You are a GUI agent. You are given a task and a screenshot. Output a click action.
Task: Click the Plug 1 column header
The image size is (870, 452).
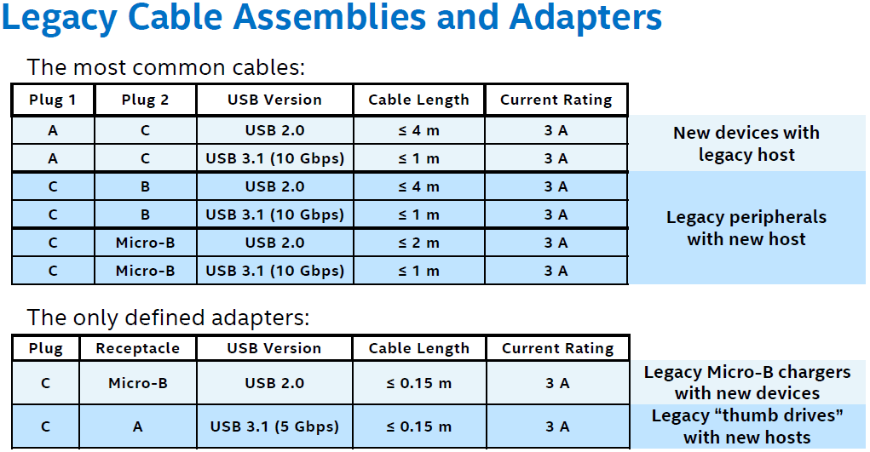pos(53,100)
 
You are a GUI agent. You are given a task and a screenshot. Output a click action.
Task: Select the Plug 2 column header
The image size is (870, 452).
pos(146,100)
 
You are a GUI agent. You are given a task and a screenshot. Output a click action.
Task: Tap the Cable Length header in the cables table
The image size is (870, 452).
pos(418,100)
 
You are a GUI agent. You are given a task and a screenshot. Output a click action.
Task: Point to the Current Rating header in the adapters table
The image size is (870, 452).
pos(557,348)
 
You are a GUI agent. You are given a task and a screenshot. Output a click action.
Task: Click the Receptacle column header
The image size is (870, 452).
pos(138,348)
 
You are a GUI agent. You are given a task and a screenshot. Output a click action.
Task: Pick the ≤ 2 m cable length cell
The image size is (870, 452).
pos(418,243)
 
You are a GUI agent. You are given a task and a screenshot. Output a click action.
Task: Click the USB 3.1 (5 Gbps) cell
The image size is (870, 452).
pos(274,426)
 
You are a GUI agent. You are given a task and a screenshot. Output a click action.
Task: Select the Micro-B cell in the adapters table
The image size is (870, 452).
pos(138,383)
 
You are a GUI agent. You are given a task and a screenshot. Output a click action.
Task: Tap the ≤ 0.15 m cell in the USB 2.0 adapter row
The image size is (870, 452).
pos(418,383)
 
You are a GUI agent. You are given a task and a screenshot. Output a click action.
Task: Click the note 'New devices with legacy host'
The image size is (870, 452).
pos(746,144)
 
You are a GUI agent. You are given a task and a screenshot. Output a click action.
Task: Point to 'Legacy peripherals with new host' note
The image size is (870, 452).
pos(746,228)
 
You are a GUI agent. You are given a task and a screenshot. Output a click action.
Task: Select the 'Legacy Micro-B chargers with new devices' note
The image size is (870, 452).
pos(747,383)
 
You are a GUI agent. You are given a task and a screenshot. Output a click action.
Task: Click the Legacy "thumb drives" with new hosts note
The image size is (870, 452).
pos(747,426)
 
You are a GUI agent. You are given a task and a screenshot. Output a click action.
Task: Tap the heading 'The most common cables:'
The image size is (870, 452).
pos(166,67)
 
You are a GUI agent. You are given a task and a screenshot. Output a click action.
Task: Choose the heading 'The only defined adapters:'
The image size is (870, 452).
pos(169,318)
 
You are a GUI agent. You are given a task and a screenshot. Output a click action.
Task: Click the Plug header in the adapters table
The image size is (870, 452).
pos(45,348)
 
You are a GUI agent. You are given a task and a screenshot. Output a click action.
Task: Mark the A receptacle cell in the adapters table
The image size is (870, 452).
pos(138,426)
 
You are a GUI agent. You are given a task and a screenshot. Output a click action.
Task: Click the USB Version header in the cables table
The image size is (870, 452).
pos(274,100)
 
